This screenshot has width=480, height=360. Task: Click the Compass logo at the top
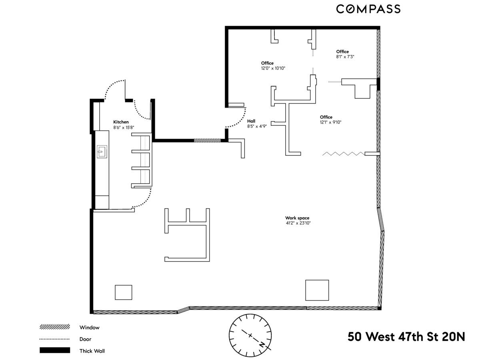coord(368,9)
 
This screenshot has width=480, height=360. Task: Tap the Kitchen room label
coord(121,122)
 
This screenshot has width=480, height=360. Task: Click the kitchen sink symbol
coord(102,151)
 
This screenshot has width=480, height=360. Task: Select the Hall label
coord(251,121)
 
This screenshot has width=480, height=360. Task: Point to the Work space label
coord(297,218)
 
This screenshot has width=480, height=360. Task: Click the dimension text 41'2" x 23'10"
coord(297,223)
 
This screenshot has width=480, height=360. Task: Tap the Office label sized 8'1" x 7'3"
coord(342,52)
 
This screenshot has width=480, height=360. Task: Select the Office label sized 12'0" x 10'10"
coord(267,63)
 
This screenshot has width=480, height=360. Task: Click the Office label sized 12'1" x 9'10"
coord(326,117)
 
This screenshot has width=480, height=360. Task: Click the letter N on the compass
coord(262,344)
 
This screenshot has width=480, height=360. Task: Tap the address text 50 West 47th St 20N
coord(406,337)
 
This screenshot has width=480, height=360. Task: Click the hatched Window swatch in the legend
coord(55,327)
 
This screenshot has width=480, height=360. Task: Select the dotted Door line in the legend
coord(55,339)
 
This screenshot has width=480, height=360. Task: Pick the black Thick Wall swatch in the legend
coord(55,351)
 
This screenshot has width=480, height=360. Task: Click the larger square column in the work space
coord(317,290)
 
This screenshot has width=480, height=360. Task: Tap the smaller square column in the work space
coord(123,292)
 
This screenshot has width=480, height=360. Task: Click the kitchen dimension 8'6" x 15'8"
coord(124,128)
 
